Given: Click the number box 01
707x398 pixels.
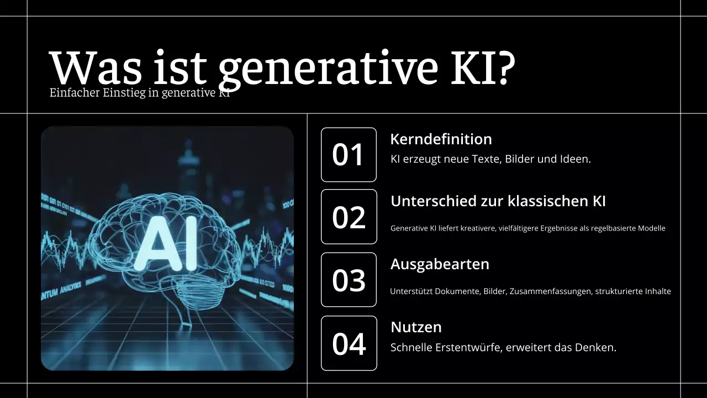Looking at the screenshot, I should coord(349,155).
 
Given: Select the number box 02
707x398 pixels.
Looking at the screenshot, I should coord(349,217).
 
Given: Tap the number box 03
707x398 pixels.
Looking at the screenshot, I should coord(349,280).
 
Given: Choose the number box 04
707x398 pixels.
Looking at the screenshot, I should coord(349,343).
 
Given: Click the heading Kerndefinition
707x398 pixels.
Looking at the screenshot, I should coord(441,139).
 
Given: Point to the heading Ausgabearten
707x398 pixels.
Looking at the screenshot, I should coord(440,264).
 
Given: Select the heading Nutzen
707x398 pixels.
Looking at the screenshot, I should coord(416,327).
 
